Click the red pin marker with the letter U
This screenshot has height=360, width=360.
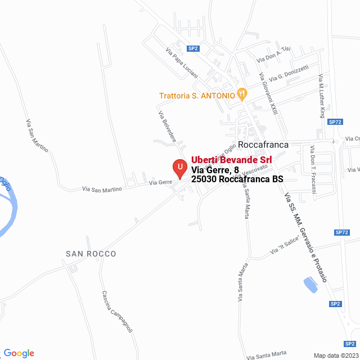coord(179,168)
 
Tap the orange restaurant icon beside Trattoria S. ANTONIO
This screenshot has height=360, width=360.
coord(242,94)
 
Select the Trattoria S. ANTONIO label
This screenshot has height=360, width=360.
coord(197,96)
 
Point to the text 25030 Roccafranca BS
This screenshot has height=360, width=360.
coord(237,179)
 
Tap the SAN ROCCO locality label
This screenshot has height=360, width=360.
coord(91,254)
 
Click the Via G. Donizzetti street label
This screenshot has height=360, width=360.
coord(289,73)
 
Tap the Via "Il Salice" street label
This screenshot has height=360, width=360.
coord(284,246)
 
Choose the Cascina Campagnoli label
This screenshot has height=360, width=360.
coord(117,312)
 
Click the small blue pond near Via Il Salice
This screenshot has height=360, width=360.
coord(310,285)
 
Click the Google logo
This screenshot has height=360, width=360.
coord(18,353)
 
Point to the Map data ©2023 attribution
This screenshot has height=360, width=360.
coord(335,355)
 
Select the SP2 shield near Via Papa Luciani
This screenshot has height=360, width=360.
coord(193,48)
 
